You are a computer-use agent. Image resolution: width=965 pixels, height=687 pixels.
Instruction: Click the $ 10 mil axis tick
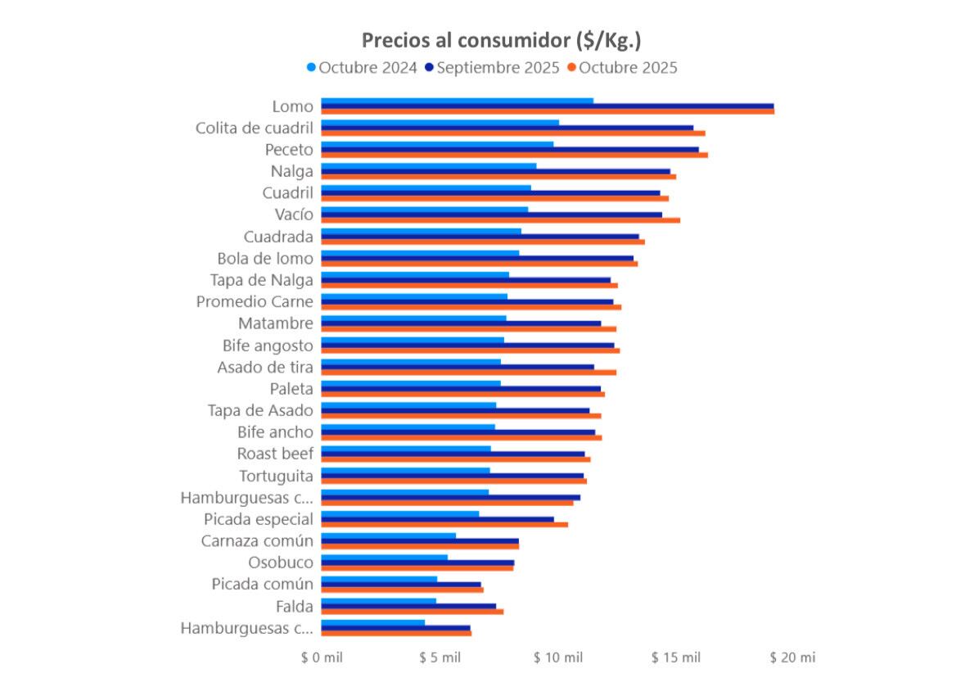(x=558, y=658)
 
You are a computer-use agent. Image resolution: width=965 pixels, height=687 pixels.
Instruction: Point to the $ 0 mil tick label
(x=322, y=658)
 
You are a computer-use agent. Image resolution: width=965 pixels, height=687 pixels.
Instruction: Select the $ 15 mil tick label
(x=676, y=658)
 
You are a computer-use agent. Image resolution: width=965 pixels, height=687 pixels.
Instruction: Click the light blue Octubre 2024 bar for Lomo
(x=457, y=101)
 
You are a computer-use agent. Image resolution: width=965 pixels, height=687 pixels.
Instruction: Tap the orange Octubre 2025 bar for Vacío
(x=500, y=219)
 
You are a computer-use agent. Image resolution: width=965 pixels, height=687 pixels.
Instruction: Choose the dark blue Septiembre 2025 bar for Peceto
(x=509, y=149)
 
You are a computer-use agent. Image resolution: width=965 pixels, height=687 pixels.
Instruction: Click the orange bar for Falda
(x=412, y=612)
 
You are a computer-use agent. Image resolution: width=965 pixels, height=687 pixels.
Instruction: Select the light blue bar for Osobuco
(x=384, y=558)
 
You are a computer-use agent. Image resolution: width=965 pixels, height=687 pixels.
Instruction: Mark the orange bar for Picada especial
(x=444, y=524)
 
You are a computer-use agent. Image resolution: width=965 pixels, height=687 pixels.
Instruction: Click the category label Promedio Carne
(x=255, y=301)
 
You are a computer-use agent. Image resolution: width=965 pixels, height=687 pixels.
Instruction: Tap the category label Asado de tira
(x=265, y=367)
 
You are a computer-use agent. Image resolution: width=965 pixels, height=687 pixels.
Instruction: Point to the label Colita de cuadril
(x=254, y=128)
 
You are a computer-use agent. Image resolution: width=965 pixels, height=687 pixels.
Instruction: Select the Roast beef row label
(x=275, y=454)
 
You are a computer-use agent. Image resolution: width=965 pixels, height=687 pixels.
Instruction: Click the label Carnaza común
(x=257, y=540)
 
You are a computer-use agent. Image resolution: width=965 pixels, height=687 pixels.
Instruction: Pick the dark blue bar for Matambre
(x=460, y=323)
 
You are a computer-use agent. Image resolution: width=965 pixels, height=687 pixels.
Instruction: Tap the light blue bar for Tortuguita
(x=405, y=470)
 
